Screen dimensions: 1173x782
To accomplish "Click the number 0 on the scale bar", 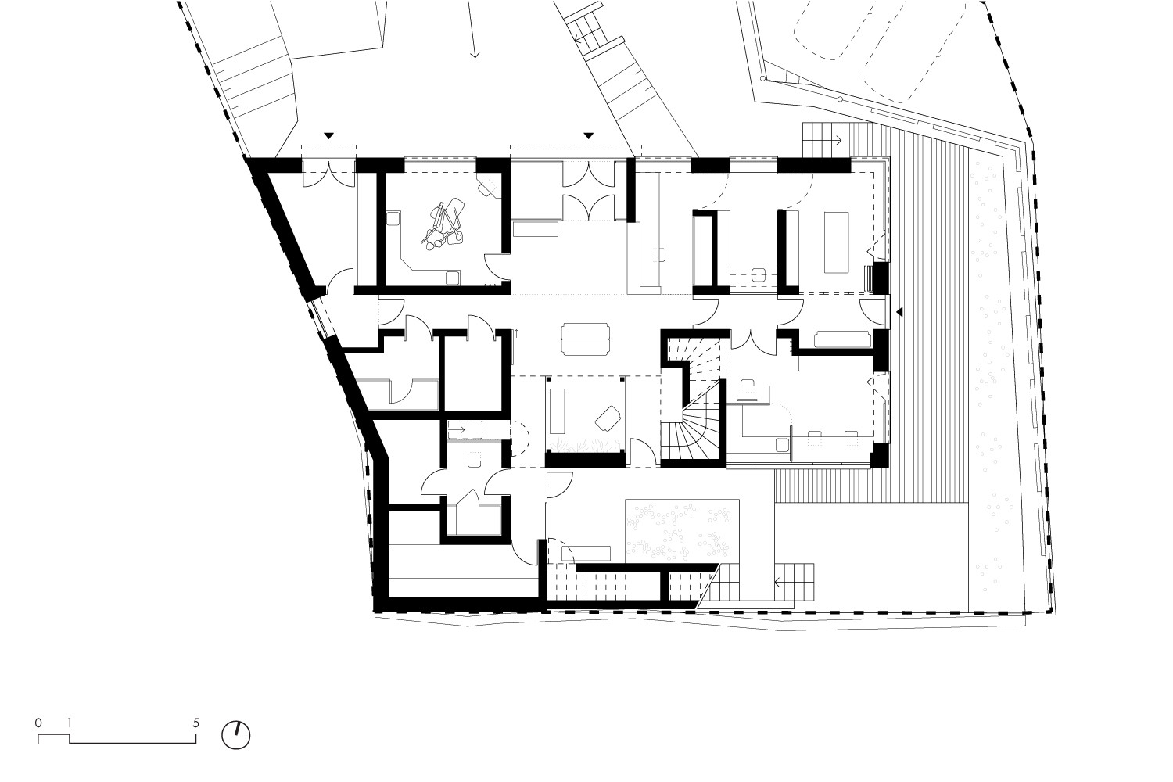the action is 38,723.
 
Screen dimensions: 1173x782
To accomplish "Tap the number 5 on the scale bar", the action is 195,723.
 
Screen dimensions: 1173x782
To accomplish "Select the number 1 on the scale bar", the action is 69,723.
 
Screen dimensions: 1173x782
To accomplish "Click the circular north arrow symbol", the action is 235,735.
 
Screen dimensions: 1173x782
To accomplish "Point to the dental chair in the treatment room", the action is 443,225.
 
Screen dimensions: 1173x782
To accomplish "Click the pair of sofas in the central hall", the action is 585,339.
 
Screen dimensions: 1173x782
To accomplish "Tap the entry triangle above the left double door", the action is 328,135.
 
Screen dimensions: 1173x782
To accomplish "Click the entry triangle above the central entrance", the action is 589,135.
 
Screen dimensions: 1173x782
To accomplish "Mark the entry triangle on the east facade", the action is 899,312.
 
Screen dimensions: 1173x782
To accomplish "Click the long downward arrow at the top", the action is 472,29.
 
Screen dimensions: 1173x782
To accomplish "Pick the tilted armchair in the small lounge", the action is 608,418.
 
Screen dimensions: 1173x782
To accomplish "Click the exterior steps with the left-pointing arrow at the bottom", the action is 794,582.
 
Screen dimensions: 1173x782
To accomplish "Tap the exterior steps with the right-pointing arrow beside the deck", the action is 822,140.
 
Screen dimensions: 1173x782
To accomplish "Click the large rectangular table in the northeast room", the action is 836,242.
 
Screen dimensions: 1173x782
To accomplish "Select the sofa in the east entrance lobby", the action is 842,339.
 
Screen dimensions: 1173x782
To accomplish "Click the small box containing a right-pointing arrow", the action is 465,429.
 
